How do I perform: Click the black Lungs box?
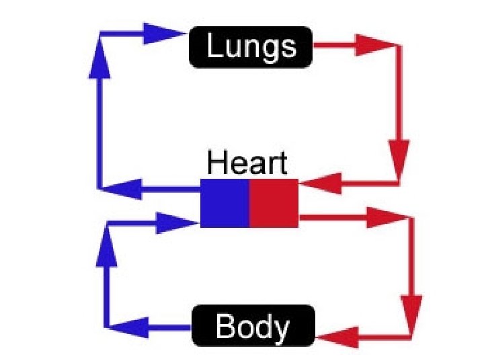tap(251, 47)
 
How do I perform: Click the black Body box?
tap(253, 327)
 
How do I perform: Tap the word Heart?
tap(247, 163)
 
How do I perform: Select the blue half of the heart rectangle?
tap(225, 202)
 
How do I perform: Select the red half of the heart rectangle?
tap(274, 202)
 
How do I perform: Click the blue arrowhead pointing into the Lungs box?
tap(162, 32)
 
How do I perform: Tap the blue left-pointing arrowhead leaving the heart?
tap(126, 189)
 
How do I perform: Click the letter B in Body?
tap(224, 327)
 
